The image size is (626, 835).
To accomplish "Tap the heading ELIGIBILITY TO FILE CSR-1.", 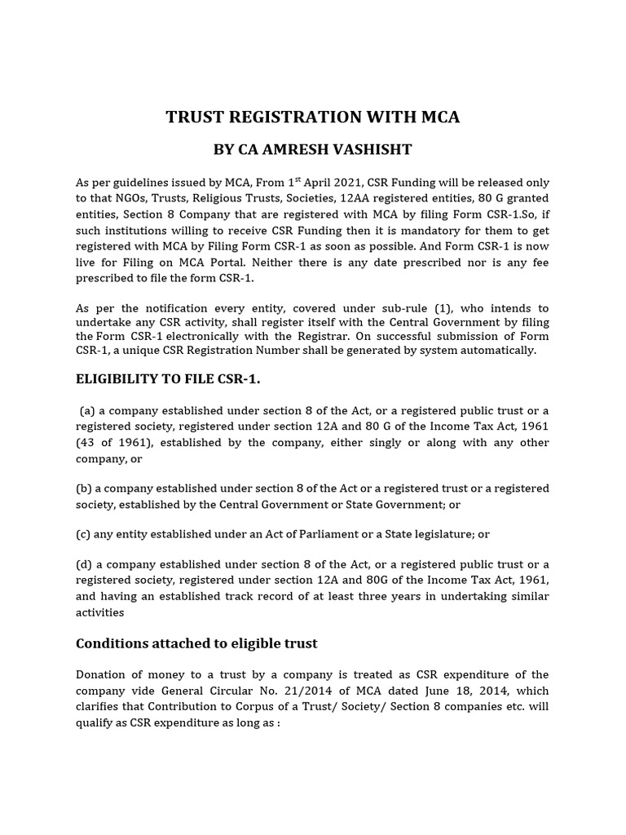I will point(168,379).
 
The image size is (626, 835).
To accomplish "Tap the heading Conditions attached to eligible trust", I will point(196,643).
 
